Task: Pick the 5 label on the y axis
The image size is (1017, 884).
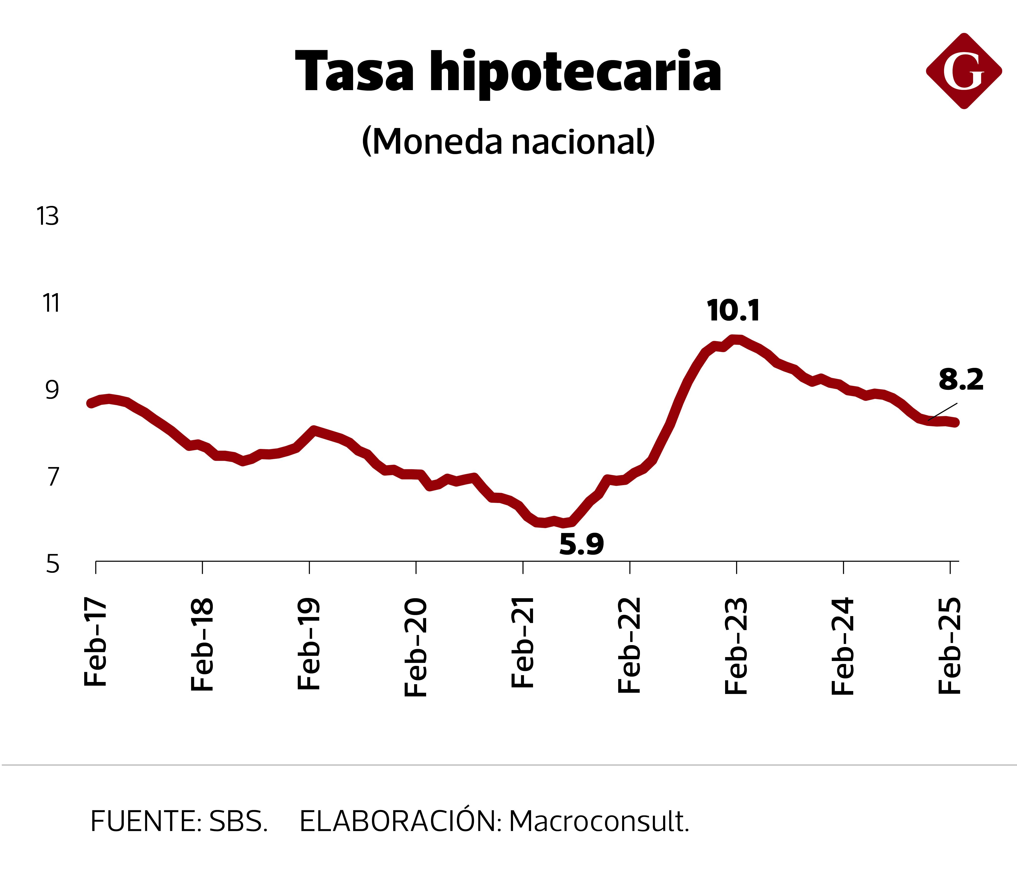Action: [x=52, y=564]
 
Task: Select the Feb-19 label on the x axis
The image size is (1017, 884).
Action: [x=309, y=644]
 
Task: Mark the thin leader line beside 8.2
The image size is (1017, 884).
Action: [x=943, y=411]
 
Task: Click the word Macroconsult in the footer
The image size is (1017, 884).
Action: [x=599, y=821]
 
